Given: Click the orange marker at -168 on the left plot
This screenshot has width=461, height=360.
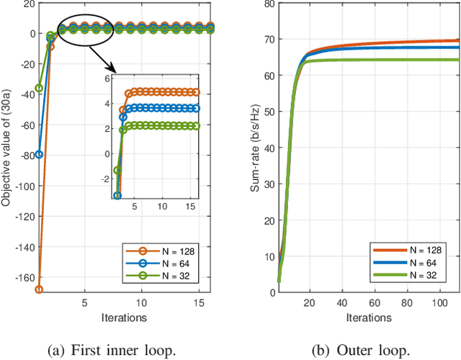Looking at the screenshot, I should point(39,289).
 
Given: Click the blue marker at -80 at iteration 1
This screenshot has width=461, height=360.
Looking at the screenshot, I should point(39,154).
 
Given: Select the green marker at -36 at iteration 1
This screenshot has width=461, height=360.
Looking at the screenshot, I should point(39,88).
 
